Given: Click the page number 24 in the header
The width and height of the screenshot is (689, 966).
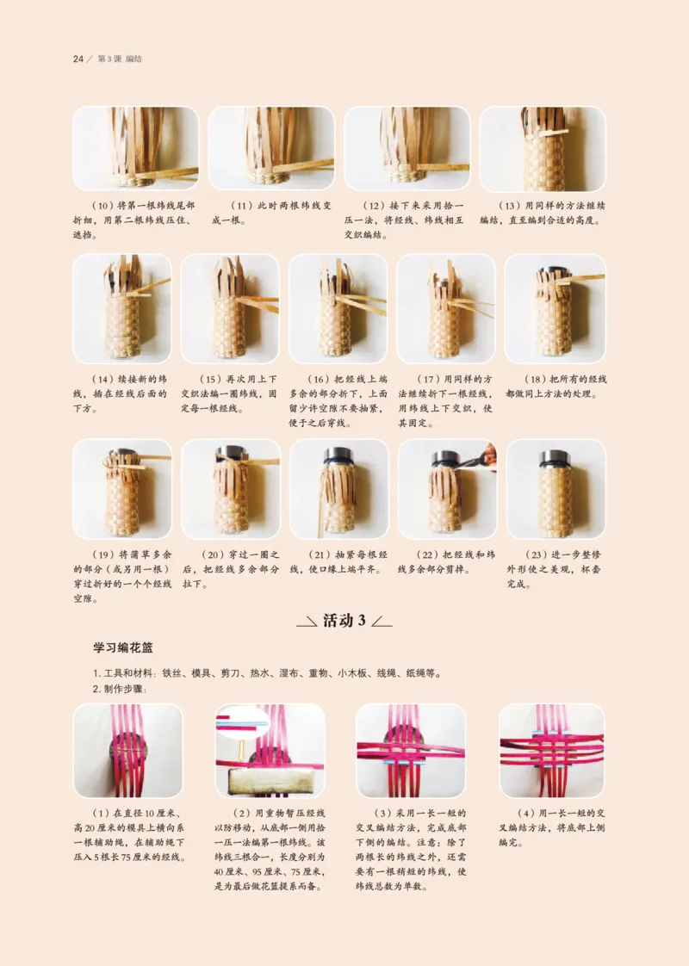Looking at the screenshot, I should [77, 59].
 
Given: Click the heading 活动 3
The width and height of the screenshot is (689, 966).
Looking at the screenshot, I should [344, 621].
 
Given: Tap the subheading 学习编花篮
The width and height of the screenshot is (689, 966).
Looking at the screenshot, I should [122, 646].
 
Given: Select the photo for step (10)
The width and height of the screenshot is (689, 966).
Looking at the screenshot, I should [135, 148].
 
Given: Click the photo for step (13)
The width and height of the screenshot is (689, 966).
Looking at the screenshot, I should [542, 148].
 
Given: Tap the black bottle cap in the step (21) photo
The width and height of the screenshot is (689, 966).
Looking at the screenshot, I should [338, 456].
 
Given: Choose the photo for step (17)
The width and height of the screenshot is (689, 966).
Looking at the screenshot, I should [445, 307].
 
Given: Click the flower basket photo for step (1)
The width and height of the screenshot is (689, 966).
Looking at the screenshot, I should [127, 750].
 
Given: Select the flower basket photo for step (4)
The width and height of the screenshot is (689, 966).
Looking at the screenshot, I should [551, 750].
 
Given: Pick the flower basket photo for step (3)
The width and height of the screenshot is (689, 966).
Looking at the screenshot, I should [410, 750].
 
